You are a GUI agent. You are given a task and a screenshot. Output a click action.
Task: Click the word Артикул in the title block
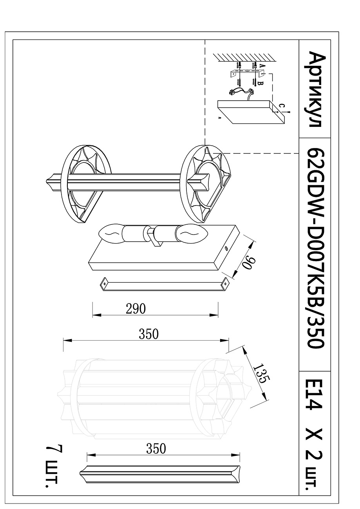[x=314, y=90]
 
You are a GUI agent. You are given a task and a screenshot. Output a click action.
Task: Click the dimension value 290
[x=136, y=309]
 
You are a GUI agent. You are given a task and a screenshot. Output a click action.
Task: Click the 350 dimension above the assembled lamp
[x=148, y=334]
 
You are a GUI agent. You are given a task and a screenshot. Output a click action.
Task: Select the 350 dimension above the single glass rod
[x=156, y=449]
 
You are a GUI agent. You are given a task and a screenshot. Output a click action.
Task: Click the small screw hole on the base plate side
[x=226, y=248]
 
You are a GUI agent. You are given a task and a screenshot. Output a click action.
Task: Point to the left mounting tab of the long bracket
[x=104, y=283]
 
